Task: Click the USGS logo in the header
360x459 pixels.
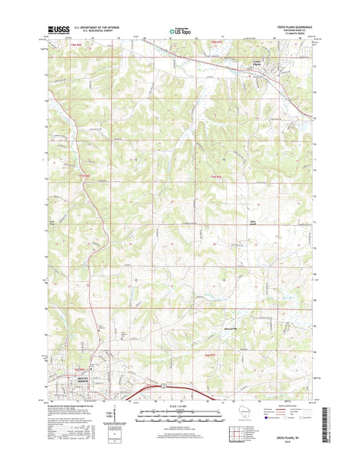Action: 56,29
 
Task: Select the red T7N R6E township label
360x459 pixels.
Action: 84,177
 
